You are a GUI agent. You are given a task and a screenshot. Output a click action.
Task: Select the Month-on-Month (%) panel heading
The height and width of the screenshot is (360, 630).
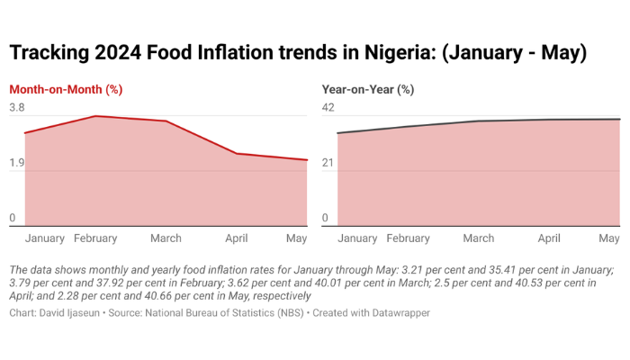coord(66,89)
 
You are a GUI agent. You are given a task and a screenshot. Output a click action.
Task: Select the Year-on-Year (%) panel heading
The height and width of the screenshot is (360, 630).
coord(367,89)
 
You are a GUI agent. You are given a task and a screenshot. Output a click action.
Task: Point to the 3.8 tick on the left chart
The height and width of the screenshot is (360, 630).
coord(17,108)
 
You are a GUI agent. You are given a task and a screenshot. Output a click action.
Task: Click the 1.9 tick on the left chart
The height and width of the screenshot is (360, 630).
coord(17,164)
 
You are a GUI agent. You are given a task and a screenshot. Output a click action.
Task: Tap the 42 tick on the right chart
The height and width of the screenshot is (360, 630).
coord(328,108)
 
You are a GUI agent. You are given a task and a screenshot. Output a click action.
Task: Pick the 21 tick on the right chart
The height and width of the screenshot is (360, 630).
coord(328,164)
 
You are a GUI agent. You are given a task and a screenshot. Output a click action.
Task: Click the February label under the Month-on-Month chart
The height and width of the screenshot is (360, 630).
coord(95,238)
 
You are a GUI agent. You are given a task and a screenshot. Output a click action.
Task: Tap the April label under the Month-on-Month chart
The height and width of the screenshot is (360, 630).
coord(236,238)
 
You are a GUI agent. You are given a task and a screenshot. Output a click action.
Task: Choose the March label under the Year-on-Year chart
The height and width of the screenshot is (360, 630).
coord(479,238)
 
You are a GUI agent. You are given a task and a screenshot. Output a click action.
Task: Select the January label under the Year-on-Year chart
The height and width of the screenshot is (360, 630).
coord(357,238)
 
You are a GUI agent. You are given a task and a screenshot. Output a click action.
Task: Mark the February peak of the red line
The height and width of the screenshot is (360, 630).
coord(95,116)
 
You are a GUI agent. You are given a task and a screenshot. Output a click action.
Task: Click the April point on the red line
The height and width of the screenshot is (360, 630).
coord(237,154)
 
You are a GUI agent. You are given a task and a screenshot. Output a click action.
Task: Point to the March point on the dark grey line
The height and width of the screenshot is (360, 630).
coord(479,121)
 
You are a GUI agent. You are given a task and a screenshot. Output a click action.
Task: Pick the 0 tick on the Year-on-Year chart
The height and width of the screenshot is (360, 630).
coord(326,219)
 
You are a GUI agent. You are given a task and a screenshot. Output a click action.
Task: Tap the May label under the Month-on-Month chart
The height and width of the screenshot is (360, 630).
coord(296,238)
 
